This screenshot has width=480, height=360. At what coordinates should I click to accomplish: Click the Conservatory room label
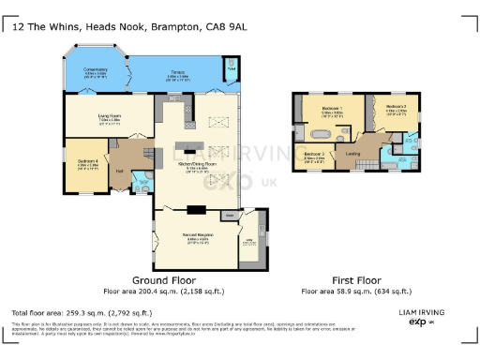point(95,72)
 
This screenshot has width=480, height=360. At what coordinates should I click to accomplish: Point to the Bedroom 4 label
point(88,162)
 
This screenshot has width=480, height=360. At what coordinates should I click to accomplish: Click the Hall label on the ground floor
point(119,171)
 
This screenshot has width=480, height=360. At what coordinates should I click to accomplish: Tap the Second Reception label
point(199,238)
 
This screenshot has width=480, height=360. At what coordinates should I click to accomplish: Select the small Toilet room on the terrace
point(231,67)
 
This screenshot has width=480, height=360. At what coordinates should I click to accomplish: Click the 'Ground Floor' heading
point(164,279)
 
